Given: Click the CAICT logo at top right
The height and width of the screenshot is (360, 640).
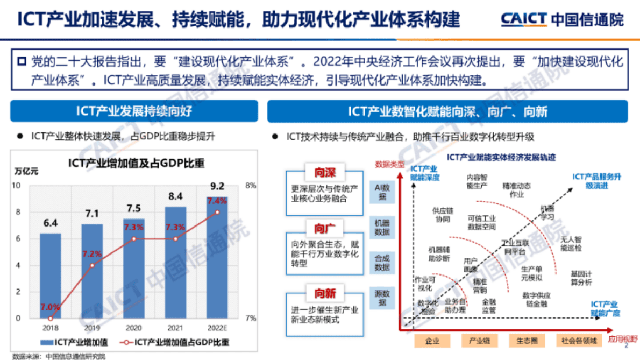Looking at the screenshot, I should [x=562, y=19].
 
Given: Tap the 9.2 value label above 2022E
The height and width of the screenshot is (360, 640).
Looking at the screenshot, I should [x=217, y=186].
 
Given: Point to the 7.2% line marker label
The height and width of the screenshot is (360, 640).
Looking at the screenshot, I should [x=92, y=253].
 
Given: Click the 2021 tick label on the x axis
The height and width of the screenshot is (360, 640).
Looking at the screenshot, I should [x=175, y=328].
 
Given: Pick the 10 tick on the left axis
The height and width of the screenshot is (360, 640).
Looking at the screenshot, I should [x=17, y=186].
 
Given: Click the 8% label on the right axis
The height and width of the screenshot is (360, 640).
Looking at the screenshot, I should [x=251, y=186].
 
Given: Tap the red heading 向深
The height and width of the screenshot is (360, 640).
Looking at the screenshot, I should [x=325, y=173].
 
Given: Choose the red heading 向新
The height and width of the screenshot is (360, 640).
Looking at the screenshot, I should [x=325, y=293].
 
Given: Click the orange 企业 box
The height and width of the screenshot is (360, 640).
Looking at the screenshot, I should [x=432, y=341].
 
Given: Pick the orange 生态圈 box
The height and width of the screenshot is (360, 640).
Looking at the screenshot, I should [x=527, y=341].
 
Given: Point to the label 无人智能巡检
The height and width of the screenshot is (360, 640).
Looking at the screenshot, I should [x=571, y=244].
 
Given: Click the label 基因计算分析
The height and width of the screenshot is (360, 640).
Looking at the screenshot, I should [x=581, y=278].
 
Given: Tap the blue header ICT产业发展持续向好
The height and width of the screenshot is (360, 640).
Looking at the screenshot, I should [x=134, y=111].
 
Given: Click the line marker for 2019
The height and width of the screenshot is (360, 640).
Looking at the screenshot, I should [x=92, y=265].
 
